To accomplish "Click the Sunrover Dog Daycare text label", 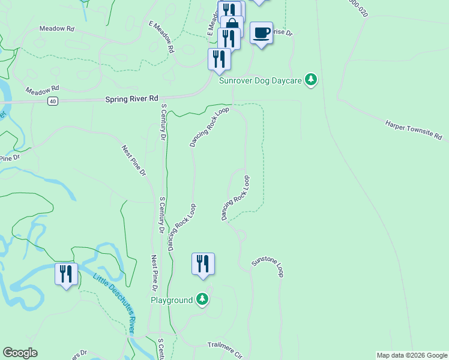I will [x=261, y=80].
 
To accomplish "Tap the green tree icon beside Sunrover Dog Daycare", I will [x=310, y=79].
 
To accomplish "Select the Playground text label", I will [x=172, y=299].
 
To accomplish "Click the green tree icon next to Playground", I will [x=202, y=299].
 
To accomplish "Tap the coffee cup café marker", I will [x=261, y=32].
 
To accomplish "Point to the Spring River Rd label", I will [x=131, y=98].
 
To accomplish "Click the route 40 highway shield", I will [x=53, y=101].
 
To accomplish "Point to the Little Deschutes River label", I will [x=113, y=304].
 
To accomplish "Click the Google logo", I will [x=20, y=353].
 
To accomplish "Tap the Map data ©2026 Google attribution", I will [x=411, y=355].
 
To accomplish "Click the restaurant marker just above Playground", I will [x=203, y=263].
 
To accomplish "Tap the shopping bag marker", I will [x=232, y=25].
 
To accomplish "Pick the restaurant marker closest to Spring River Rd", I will [x=219, y=59].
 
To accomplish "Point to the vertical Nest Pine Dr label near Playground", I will [x=155, y=269].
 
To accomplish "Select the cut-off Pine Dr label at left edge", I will [x=10, y=158].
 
